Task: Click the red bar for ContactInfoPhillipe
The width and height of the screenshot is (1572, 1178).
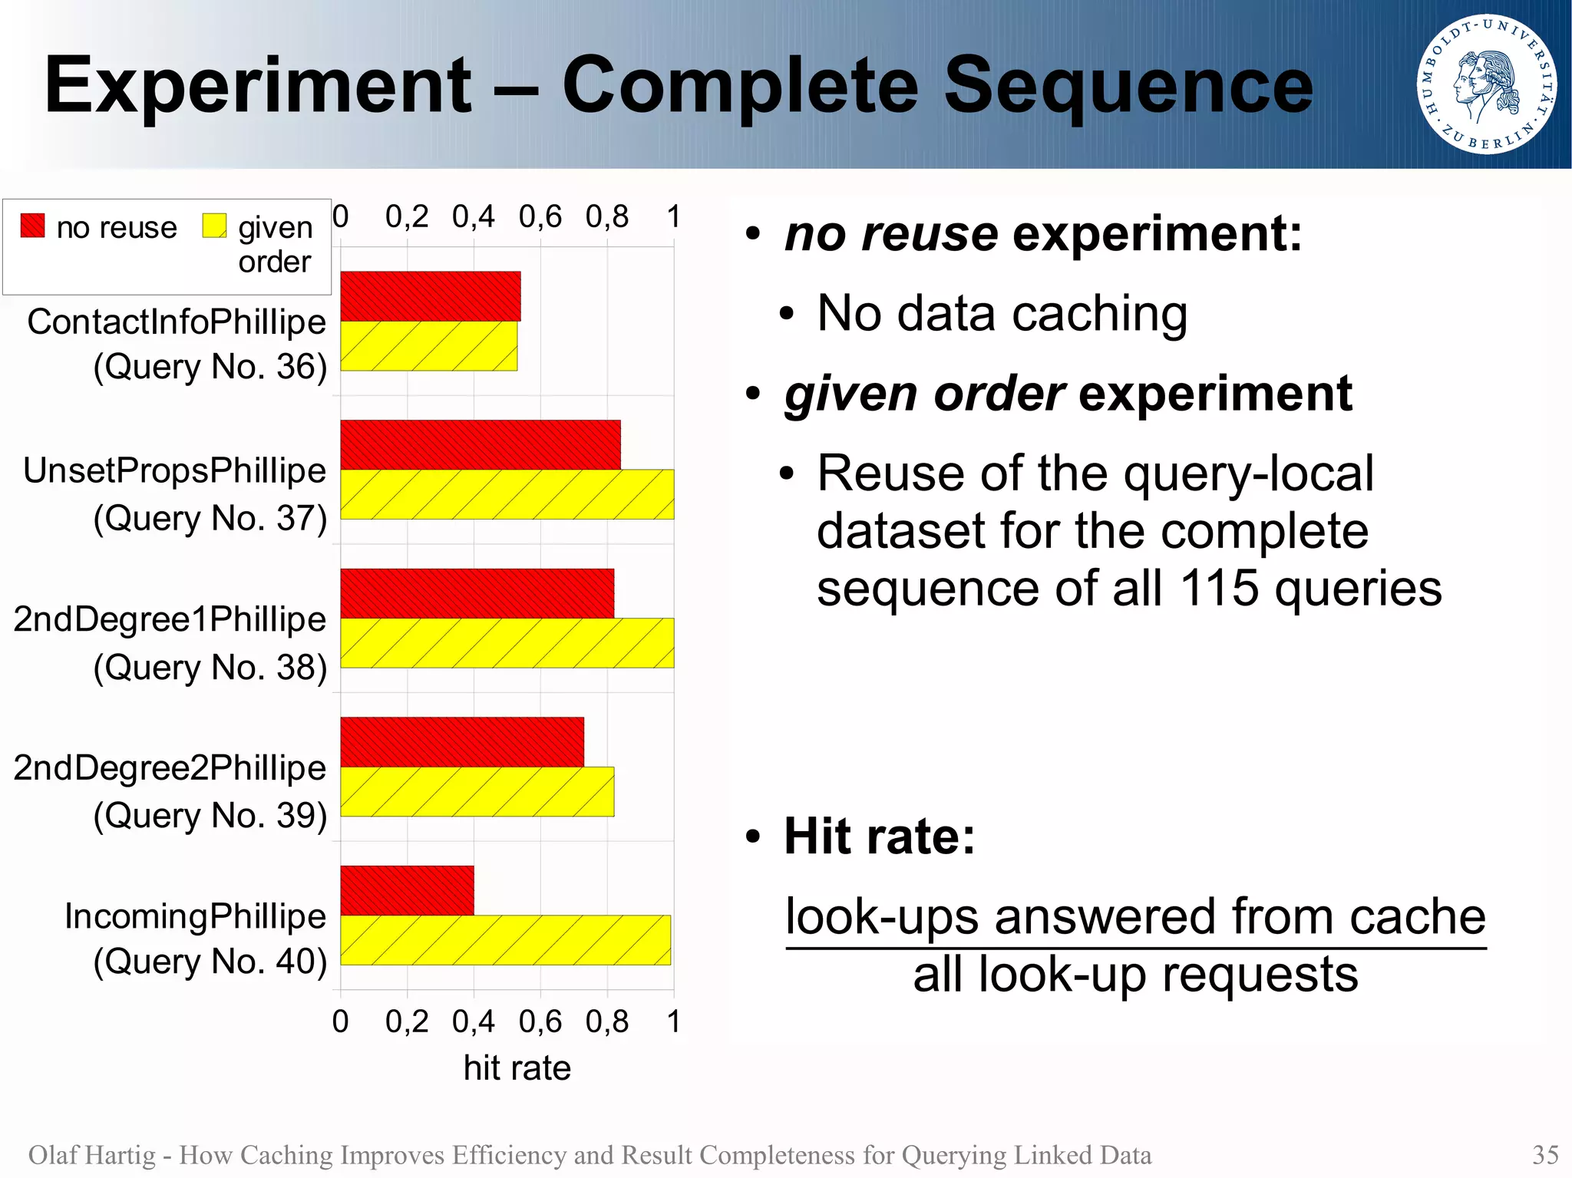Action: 430,296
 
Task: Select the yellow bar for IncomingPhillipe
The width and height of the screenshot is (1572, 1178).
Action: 505,940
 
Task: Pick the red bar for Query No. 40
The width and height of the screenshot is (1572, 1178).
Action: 407,890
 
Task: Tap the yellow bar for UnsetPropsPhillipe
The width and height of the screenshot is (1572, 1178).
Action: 507,494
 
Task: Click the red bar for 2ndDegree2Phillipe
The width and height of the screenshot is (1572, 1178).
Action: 462,742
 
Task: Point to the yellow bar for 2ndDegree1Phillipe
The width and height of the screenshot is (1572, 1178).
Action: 507,643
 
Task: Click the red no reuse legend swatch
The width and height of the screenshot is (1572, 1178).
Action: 32,226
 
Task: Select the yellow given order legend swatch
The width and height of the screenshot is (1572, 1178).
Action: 214,226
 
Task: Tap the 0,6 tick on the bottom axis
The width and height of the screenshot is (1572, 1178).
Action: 540,1021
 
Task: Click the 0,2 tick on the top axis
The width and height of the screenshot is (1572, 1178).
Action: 407,217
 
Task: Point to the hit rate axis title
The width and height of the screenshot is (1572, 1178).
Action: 517,1068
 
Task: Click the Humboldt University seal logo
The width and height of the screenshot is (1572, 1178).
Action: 1486,84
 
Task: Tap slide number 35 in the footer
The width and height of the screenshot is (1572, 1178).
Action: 1545,1155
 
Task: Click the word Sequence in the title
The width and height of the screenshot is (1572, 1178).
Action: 1128,86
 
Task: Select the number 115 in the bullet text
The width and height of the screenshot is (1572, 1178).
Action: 1219,589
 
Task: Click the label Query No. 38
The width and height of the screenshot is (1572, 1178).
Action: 210,668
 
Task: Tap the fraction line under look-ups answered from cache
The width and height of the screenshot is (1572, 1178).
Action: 1135,949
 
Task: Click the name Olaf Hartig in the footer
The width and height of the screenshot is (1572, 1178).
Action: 91,1155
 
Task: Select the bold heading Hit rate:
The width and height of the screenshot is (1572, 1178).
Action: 880,836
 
